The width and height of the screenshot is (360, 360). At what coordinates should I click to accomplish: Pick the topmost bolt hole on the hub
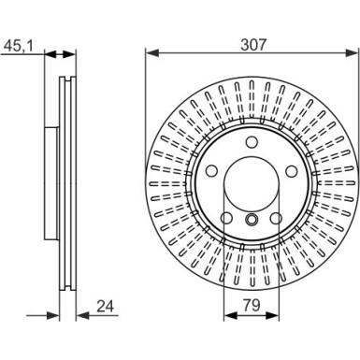coord(251,143)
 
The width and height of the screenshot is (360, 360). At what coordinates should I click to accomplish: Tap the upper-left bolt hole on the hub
coord(210,172)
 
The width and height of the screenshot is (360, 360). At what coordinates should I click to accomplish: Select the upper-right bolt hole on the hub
coord(291,172)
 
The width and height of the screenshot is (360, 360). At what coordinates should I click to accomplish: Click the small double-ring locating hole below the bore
coord(251,221)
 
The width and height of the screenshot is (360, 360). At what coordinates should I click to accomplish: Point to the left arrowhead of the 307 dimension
coord(151,52)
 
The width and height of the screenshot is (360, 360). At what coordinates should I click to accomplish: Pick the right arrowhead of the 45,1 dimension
coord(76,52)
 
